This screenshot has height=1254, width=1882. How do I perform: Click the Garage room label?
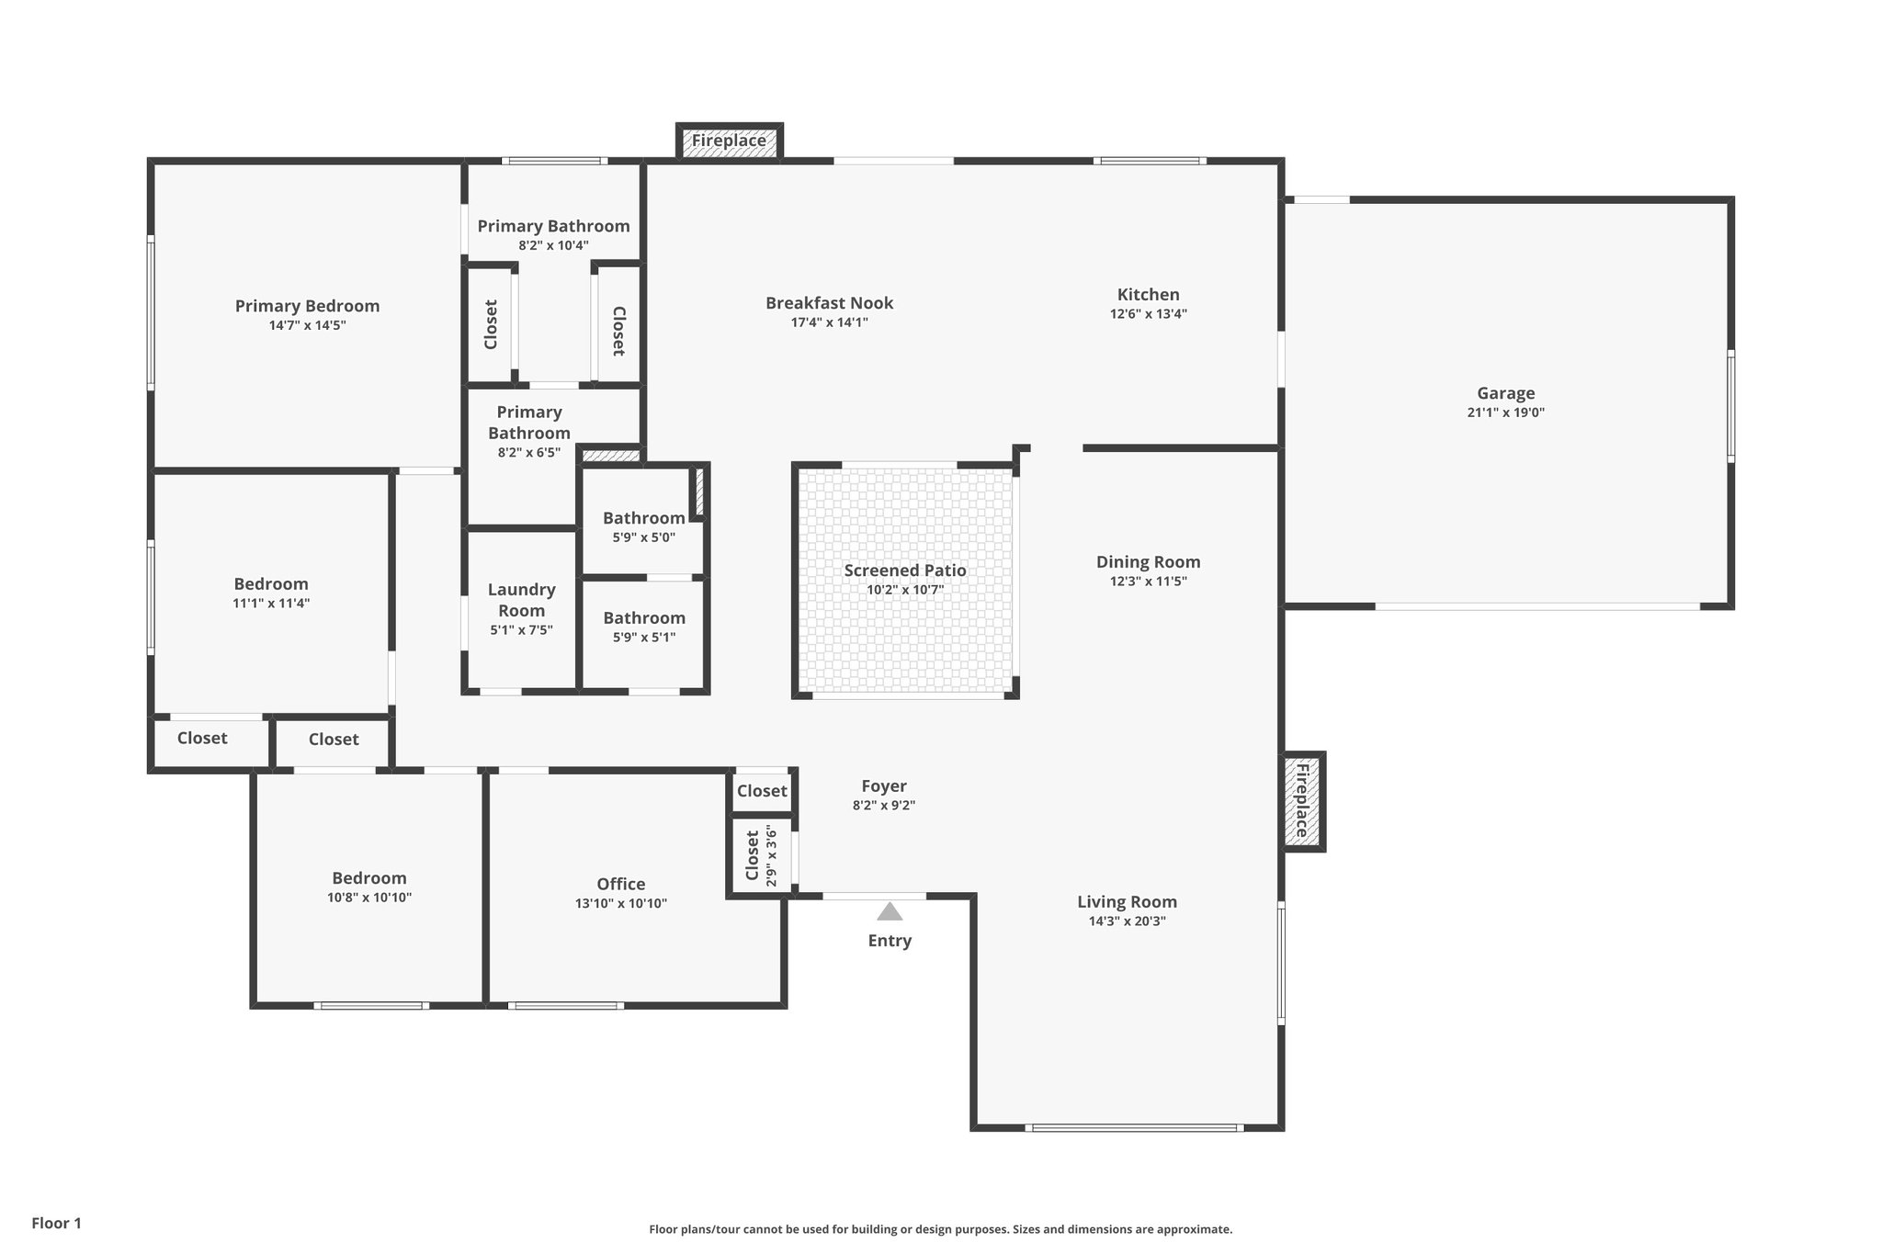1505,393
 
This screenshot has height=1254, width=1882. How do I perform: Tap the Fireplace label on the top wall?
729,141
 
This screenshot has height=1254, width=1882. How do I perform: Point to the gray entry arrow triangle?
889,911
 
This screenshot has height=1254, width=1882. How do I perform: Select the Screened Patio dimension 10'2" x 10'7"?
904,590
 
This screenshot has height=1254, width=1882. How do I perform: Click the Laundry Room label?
521,600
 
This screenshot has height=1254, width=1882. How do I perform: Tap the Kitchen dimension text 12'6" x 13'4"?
1148,314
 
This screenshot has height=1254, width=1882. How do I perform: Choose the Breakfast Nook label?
829,303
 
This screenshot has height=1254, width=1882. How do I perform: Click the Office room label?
620,884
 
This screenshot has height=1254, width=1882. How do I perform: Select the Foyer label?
883,786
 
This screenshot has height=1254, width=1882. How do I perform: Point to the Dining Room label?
1148,562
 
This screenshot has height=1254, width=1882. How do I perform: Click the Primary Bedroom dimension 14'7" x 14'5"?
307,325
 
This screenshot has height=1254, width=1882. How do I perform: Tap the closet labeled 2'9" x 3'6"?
761,855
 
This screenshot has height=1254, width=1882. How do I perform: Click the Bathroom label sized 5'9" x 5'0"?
643,518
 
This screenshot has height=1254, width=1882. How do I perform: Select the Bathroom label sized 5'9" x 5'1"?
643,618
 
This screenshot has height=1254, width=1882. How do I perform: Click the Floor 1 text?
56,1224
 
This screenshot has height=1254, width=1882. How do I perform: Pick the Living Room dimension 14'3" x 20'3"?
1127,921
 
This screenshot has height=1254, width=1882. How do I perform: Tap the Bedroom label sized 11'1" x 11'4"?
270,584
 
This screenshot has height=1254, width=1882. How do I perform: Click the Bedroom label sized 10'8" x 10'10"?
368,878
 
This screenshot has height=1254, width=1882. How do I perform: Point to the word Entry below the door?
889,941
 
